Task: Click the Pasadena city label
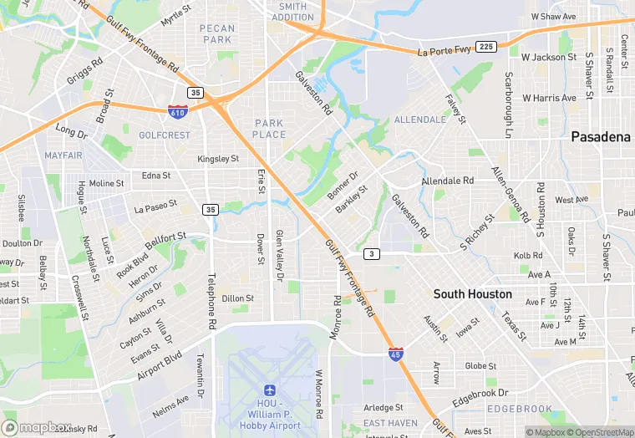pos(600,137)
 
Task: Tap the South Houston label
pos(472,294)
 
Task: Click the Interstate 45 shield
pos(396,354)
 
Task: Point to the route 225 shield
pos(486,45)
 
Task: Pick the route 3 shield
pos(371,253)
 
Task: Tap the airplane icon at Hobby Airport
pos(269,390)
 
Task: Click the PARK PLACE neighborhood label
pos(269,129)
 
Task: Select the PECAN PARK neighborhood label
pos(216,34)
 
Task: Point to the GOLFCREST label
pos(165,135)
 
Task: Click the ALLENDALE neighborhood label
pos(419,120)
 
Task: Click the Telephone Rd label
pos(212,299)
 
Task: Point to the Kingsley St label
pos(218,159)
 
